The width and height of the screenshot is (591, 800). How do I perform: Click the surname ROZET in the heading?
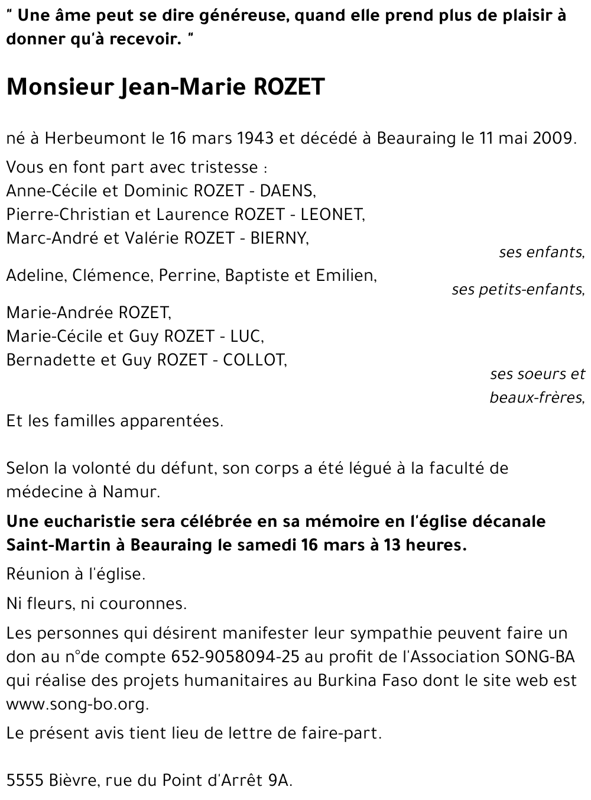pyautogui.click(x=289, y=87)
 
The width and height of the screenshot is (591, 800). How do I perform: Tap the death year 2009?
pyautogui.click(x=553, y=138)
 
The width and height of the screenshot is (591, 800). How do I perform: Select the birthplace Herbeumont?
pyautogui.click(x=95, y=138)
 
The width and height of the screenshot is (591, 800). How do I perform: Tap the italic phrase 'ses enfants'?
pyautogui.click(x=541, y=252)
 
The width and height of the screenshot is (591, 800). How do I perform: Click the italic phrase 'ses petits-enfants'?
pyautogui.click(x=517, y=290)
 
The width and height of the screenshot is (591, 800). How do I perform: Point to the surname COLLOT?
pyautogui.click(x=254, y=360)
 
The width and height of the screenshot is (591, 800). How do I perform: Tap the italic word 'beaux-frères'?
pyautogui.click(x=537, y=398)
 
